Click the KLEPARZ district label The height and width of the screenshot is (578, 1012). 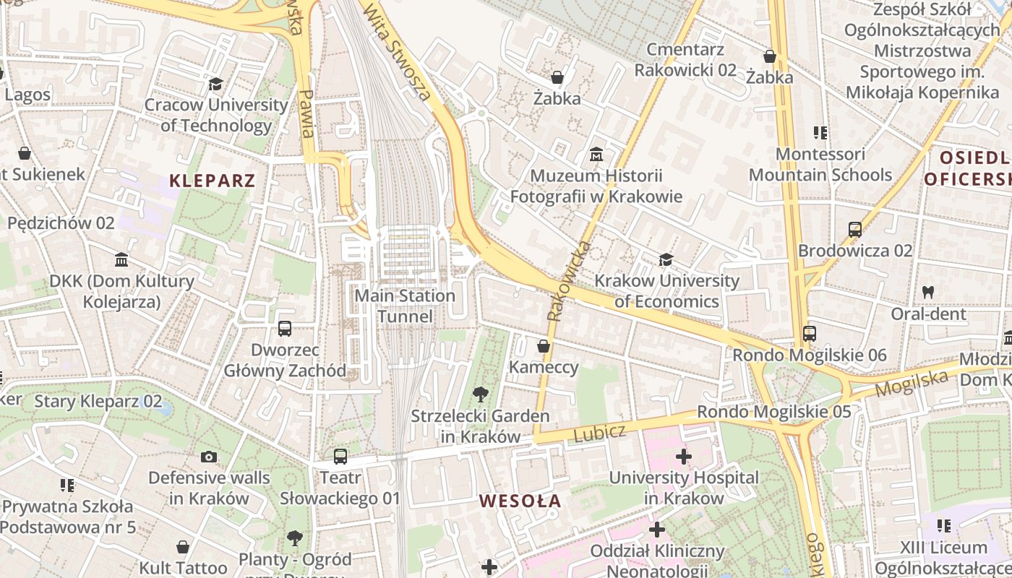[213, 180]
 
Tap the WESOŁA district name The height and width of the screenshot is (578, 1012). [520, 501]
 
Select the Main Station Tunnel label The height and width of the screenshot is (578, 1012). [405, 306]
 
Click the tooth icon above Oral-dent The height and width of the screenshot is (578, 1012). [928, 293]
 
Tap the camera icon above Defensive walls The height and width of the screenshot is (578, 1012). [209, 457]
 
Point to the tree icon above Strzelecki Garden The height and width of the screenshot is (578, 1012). [480, 394]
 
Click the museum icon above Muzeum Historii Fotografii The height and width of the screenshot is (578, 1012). [596, 155]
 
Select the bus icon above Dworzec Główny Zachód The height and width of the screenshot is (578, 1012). [285, 329]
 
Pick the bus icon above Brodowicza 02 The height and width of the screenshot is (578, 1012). [855, 230]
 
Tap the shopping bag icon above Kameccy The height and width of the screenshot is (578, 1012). [544, 347]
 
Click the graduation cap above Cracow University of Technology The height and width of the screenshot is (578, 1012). [215, 85]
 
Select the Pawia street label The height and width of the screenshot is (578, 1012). [307, 113]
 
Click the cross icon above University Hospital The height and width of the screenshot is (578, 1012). [684, 457]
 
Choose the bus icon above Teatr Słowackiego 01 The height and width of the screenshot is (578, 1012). [340, 457]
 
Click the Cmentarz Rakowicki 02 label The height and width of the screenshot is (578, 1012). [685, 59]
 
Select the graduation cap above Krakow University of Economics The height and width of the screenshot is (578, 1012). [666, 259]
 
